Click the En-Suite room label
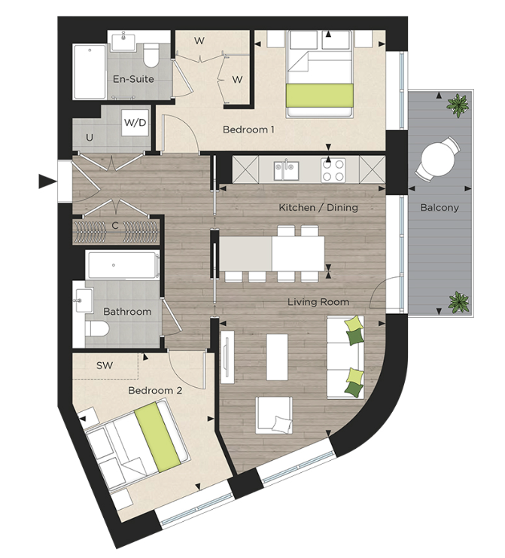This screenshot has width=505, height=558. point(133,79)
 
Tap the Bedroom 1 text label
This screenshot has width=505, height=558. point(248,130)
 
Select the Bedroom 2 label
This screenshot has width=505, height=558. point(156,391)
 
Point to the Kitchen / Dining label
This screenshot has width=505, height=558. point(318,207)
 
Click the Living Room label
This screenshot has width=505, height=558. point(318,302)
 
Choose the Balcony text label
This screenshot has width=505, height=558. point(440,207)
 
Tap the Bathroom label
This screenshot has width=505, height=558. point(127,311)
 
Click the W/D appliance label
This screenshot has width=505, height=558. point(135,121)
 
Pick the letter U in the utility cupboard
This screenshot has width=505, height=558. point(90,138)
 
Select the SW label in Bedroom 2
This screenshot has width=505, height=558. point(105,365)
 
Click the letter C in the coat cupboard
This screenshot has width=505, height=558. point(115,225)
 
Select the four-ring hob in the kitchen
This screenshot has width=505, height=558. point(333,170)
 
